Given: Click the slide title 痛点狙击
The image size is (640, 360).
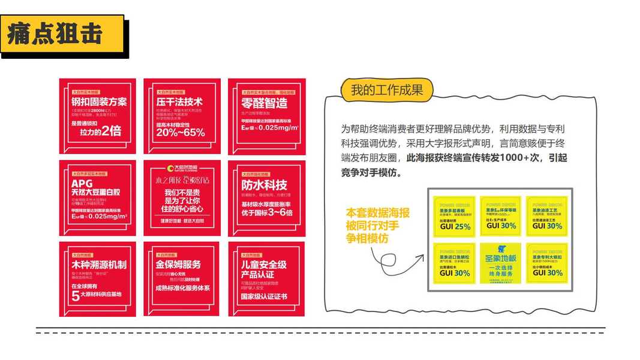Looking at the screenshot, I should click(55, 34).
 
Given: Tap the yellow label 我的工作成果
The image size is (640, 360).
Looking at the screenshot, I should click(387, 90).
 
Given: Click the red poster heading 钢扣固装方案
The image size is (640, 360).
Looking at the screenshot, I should click(99, 101).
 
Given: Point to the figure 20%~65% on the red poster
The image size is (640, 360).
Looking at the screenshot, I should click(180, 133).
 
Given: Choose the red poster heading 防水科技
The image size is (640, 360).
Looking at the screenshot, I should click(264, 184).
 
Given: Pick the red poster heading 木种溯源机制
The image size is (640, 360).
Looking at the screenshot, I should click(99, 265).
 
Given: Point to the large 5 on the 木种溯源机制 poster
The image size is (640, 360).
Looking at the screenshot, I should click(76, 295).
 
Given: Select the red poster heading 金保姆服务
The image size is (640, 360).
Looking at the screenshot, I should click(178, 265).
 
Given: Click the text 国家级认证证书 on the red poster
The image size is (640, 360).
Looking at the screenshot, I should click(263, 296).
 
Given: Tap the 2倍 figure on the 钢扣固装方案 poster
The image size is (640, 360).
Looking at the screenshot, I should click(112, 130).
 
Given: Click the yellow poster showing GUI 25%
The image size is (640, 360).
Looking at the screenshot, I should click(454, 217).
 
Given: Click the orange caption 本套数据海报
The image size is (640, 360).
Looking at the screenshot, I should click(378, 213).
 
